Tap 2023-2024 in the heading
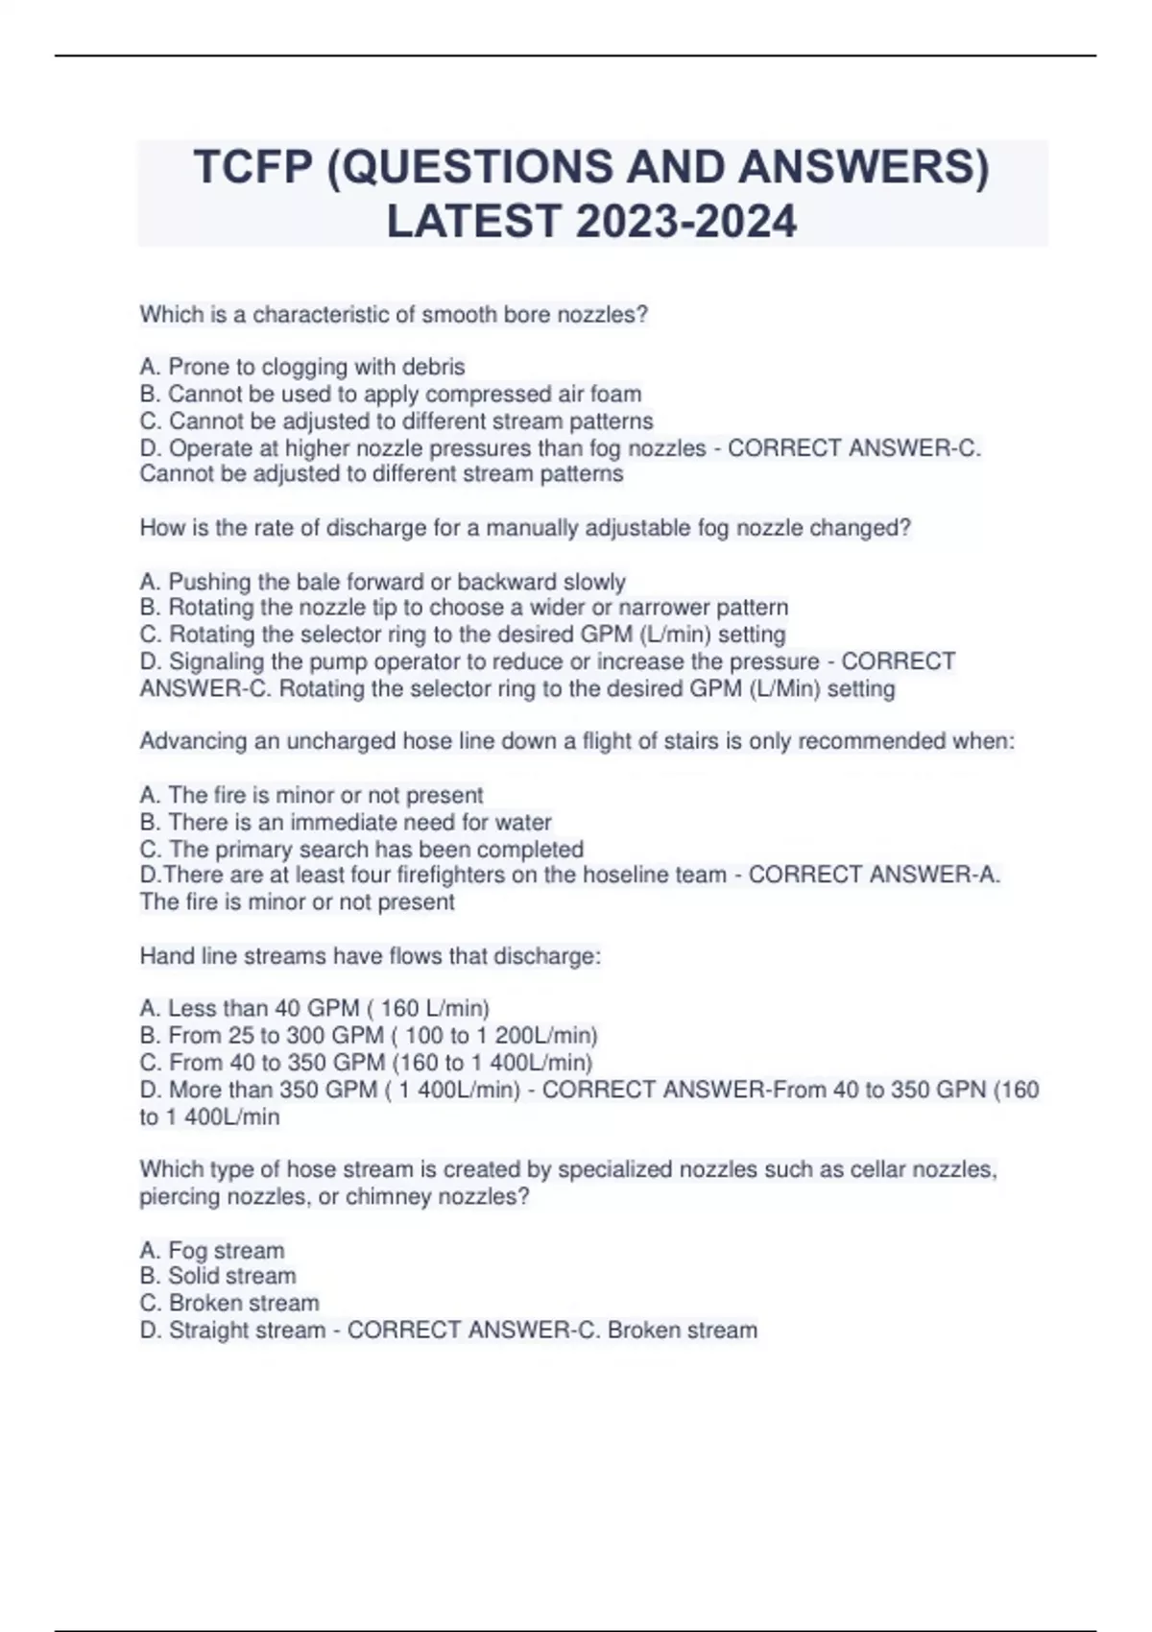click(686, 221)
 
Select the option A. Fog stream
click(212, 1250)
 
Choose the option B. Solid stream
click(218, 1276)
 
